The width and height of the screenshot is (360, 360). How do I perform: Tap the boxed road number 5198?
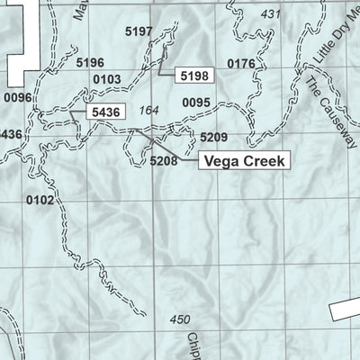coord(194,76)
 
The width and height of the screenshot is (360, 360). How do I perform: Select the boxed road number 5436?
coord(105,110)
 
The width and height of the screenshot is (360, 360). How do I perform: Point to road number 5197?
coord(139,31)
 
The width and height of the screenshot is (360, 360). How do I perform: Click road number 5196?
coord(91,62)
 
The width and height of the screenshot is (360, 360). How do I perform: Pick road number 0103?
coord(106,79)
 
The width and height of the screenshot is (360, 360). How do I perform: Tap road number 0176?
coord(242,63)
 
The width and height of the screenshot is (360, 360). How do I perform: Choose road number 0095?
coord(195,103)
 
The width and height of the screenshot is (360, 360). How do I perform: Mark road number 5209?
coord(213,137)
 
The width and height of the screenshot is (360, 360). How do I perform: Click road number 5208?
coord(164,160)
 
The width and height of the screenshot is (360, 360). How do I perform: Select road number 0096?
coord(17,97)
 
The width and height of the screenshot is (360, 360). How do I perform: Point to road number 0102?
coord(40,200)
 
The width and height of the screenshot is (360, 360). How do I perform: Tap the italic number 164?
coord(148,110)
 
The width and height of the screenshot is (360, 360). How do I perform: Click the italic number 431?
coord(270,14)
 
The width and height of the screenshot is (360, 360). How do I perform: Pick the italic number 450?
coord(180,319)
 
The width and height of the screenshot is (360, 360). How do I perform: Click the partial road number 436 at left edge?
coord(10,134)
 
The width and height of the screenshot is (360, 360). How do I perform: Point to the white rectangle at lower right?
coord(345,310)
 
